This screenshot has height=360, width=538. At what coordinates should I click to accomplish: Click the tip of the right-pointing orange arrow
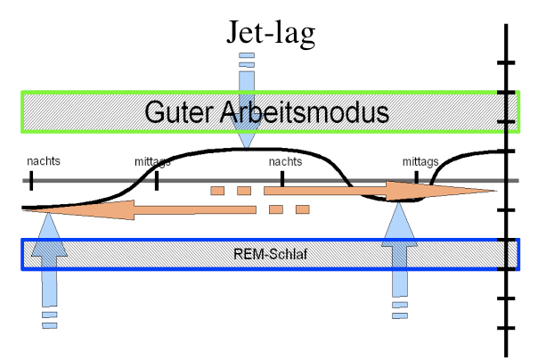click(x=495, y=191)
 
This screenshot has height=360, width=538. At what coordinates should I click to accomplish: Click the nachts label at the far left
click(x=44, y=161)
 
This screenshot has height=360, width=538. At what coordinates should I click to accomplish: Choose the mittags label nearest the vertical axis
click(x=420, y=161)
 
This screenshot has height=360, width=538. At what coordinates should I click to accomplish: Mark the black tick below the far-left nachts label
click(x=31, y=181)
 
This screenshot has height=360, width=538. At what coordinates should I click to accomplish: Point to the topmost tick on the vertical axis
click(x=507, y=62)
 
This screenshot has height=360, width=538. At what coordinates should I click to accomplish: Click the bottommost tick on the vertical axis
click(x=507, y=329)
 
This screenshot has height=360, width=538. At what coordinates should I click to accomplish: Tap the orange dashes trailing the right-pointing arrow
click(x=231, y=191)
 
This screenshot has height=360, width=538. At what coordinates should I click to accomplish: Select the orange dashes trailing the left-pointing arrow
click(x=289, y=209)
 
